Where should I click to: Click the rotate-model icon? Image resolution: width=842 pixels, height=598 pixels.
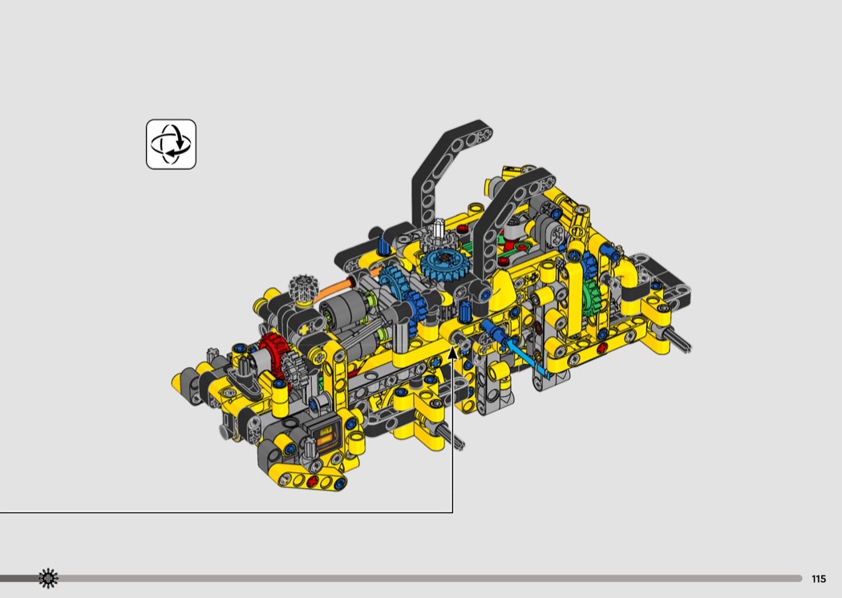[172, 144]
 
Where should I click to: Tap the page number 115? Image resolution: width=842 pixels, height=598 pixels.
[819, 579]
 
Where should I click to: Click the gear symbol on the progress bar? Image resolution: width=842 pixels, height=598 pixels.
[48, 578]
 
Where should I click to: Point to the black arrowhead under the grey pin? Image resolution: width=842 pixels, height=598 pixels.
[453, 353]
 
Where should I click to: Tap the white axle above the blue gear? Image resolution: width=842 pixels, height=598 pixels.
[439, 228]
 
